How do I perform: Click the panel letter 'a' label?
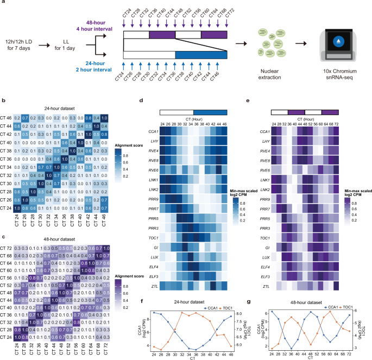point(3,4)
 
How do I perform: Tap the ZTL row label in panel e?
point(266,285)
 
